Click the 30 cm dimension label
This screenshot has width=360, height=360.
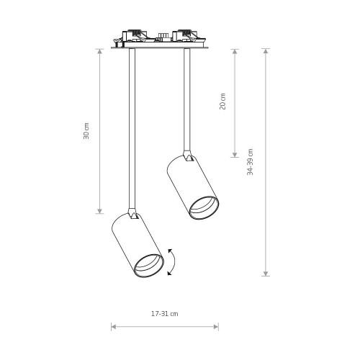[x=86, y=131]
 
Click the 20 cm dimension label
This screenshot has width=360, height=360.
[x=222, y=102]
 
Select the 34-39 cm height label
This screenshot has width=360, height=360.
[x=250, y=162]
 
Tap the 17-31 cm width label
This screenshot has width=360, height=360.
[x=165, y=314]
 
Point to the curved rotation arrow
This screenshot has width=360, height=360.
[x=174, y=262]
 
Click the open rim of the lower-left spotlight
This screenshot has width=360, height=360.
[x=149, y=266]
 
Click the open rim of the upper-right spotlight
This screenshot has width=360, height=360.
[x=204, y=208]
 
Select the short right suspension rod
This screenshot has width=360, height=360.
[x=187, y=99]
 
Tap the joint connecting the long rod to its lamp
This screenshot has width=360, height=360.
[x=132, y=214]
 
